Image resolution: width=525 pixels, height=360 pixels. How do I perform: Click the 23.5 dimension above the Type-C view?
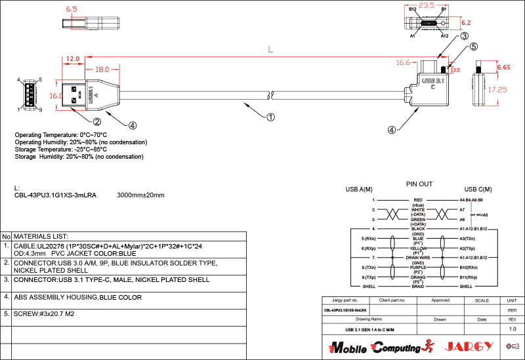[427, 5]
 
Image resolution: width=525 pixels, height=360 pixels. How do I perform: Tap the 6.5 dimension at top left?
[72, 9]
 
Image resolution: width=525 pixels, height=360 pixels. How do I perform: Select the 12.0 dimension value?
[72, 59]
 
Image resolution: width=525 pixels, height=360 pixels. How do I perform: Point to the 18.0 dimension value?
[102, 70]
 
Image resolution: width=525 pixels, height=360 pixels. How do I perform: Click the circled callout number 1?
[270, 117]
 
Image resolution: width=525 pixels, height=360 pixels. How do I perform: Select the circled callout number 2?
[96, 121]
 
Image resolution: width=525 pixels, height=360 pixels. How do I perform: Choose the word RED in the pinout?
[418, 199]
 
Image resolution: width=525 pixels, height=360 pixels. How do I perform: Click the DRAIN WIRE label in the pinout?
[418, 258]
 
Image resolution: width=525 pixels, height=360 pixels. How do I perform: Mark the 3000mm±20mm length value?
[140, 195]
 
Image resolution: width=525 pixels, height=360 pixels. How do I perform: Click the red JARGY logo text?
[467, 347]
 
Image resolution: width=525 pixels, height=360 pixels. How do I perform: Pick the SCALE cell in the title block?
[482, 300]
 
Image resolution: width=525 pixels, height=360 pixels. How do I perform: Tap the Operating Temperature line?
[61, 135]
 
